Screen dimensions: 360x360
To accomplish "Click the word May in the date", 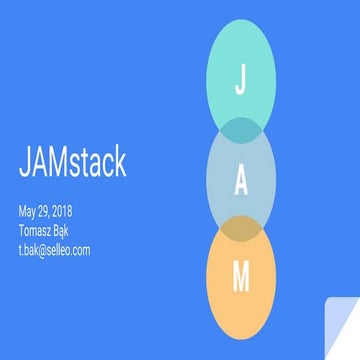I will coord(28,213).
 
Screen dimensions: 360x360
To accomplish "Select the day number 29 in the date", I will coord(48,212).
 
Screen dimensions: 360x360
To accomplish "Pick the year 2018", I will coord(71,212).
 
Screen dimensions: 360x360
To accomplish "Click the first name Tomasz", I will coord(37,231).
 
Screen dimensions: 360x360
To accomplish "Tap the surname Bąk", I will coord(69,231).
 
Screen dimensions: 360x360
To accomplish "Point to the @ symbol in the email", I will coord(44,249).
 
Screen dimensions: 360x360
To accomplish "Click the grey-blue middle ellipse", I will coord(215,180).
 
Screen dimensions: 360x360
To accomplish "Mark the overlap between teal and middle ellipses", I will coord(240,129).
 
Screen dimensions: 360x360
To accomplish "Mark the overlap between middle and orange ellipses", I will coord(240,229).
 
